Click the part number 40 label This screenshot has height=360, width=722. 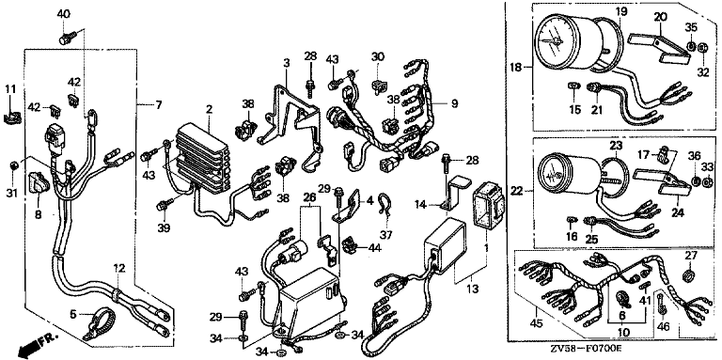[x=64, y=14]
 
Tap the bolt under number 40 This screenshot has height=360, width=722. [x=66, y=38]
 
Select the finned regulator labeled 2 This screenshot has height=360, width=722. [x=204, y=157]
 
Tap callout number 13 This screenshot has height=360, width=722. [x=473, y=290]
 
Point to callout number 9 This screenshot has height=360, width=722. [x=454, y=104]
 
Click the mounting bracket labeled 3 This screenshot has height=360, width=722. [x=290, y=124]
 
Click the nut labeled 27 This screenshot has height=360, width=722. [x=689, y=275]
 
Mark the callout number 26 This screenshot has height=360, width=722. [x=310, y=198]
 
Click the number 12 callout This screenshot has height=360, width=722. [x=119, y=267]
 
